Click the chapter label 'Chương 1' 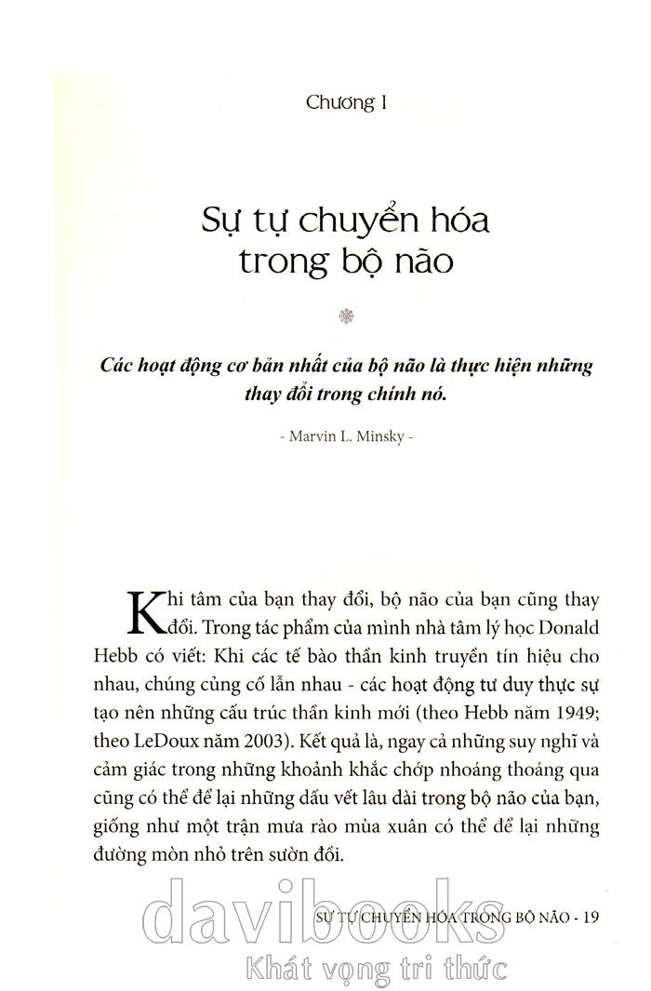(346, 101)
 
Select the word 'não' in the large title (420, 262)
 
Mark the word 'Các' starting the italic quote (119, 365)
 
